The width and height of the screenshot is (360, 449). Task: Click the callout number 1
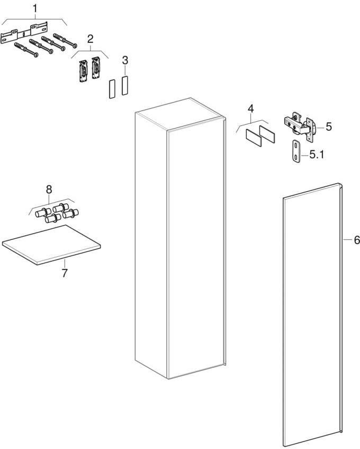click(x=35, y=8)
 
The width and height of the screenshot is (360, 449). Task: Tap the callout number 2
click(x=90, y=39)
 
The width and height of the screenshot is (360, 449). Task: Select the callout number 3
click(x=125, y=60)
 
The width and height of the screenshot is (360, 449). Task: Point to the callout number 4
click(x=250, y=109)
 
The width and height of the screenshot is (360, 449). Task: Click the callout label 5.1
click(x=317, y=155)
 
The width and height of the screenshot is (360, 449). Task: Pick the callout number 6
click(x=357, y=240)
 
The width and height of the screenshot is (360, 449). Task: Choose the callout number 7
click(x=65, y=273)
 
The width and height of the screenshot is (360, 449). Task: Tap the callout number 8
click(x=49, y=189)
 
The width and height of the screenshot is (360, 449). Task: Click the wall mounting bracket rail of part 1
click(x=24, y=33)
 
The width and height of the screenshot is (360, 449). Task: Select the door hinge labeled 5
click(x=300, y=126)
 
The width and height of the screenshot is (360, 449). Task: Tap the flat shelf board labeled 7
click(x=51, y=245)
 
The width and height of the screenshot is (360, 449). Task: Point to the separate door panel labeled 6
click(x=313, y=316)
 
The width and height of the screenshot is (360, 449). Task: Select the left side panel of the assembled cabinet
click(x=151, y=245)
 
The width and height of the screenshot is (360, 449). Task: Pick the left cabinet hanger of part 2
click(x=83, y=70)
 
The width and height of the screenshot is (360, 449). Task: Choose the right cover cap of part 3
click(x=124, y=85)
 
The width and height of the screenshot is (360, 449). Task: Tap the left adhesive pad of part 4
click(x=254, y=138)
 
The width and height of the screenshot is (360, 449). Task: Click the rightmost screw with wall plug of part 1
click(x=65, y=40)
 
